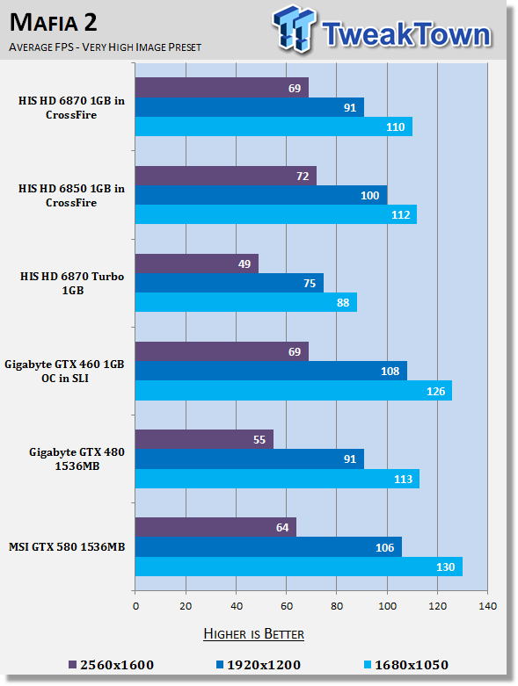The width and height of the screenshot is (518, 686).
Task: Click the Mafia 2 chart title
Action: pyautogui.click(x=54, y=22)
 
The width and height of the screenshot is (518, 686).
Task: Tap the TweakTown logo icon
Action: pyautogui.click(x=294, y=28)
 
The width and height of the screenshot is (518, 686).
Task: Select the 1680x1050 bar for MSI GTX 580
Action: pyautogui.click(x=299, y=567)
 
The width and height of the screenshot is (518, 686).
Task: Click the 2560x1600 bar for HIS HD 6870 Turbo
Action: pyautogui.click(x=197, y=264)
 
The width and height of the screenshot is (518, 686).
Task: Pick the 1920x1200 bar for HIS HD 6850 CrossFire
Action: pyautogui.click(x=261, y=195)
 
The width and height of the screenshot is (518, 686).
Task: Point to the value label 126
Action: pyautogui.click(x=435, y=391)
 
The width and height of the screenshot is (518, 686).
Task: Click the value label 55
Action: pyautogui.click(x=259, y=440)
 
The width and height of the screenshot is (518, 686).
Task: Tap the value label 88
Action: pyautogui.click(x=343, y=303)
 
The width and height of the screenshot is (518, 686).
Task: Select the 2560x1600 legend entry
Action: pyautogui.click(x=112, y=665)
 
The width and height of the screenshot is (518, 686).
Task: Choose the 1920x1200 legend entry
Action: pyautogui.click(x=259, y=665)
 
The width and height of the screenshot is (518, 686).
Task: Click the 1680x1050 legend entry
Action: pyautogui.click(x=406, y=665)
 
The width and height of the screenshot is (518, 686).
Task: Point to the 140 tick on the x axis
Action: pyautogui.click(x=488, y=606)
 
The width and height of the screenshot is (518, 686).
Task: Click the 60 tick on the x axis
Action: pyautogui.click(x=287, y=606)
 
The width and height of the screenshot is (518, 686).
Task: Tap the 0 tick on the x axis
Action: pyautogui.click(x=135, y=606)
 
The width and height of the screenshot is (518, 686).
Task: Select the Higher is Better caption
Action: pyautogui.click(x=254, y=634)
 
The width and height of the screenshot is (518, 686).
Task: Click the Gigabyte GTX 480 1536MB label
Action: pyautogui.click(x=77, y=459)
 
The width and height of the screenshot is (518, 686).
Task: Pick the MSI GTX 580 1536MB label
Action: pyautogui.click(x=67, y=547)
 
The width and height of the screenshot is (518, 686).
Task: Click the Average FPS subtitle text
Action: pyautogui.click(x=105, y=47)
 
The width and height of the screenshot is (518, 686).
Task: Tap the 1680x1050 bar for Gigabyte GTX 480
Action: pyautogui.click(x=277, y=479)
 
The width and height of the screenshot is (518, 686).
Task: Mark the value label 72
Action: pyautogui.click(x=303, y=176)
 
